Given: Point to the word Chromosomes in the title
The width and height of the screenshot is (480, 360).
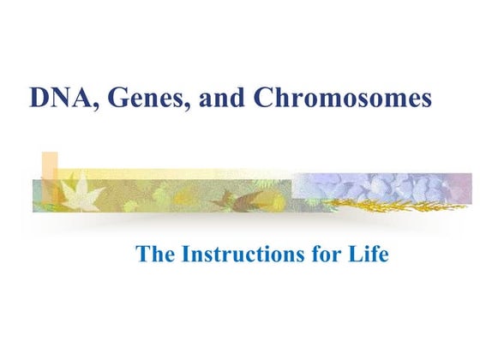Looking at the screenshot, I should pyautogui.click(x=343, y=99).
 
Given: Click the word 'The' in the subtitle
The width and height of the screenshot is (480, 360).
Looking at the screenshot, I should pyautogui.click(x=154, y=254).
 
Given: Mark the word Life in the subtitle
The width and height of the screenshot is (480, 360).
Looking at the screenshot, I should pyautogui.click(x=370, y=254).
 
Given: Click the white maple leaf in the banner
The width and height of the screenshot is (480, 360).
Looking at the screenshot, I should pyautogui.click(x=87, y=194).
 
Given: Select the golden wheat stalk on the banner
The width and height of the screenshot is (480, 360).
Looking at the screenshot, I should pyautogui.click(x=394, y=203).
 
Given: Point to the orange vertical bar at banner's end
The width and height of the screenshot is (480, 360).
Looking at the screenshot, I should pyautogui.click(x=50, y=176).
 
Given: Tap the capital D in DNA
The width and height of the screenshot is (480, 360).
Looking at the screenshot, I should pyautogui.click(x=39, y=99).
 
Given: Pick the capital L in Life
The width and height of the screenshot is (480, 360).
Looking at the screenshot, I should pyautogui.click(x=357, y=254).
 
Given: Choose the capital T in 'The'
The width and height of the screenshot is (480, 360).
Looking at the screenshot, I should pyautogui.click(x=141, y=254).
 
